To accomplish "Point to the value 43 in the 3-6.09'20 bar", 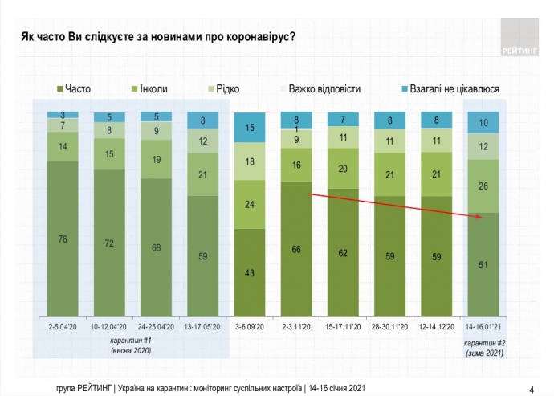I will click(x=249, y=274).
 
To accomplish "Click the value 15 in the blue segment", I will click(x=249, y=128).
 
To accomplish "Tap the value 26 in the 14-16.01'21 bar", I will click(x=483, y=186).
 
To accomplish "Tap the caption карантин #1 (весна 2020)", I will click(x=132, y=345).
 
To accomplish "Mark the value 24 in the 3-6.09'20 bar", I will click(x=249, y=204).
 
